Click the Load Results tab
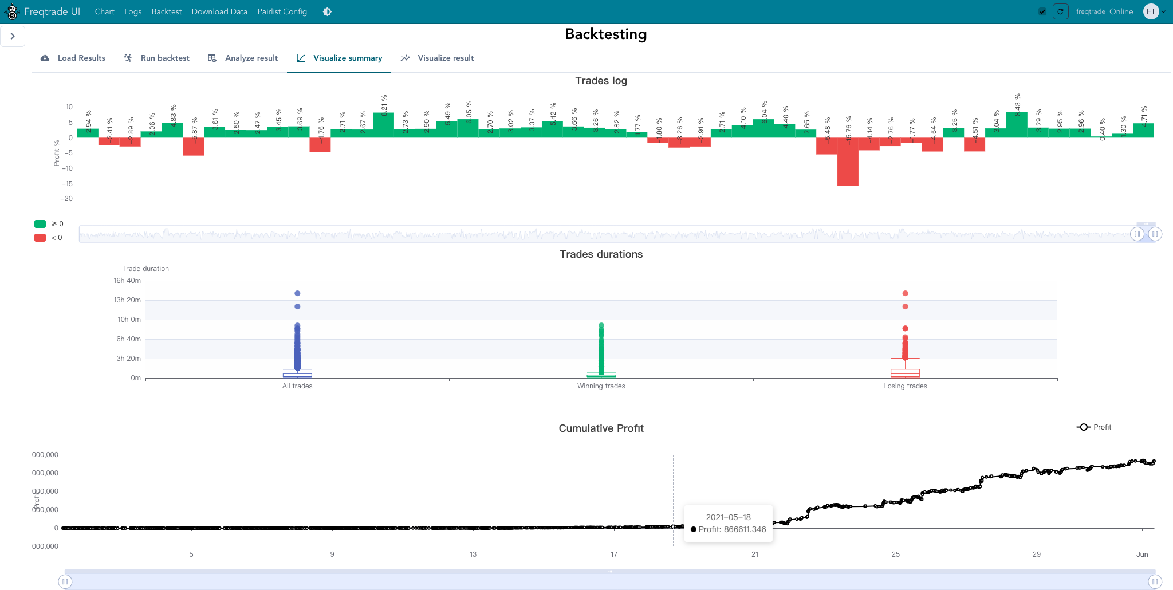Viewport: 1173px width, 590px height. pyautogui.click(x=73, y=58)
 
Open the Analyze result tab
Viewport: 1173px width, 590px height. pyautogui.click(x=243, y=58)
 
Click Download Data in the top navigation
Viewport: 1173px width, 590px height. pyautogui.click(x=219, y=11)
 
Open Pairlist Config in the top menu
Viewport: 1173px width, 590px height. pyautogui.click(x=282, y=11)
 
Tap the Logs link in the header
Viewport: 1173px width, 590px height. pyautogui.click(x=133, y=11)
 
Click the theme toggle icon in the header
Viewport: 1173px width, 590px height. pyautogui.click(x=327, y=11)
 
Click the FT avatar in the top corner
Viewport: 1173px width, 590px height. pyautogui.click(x=1151, y=11)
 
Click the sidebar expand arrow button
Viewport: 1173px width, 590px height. pyautogui.click(x=13, y=36)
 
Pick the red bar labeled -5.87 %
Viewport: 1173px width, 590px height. pyautogui.click(x=194, y=147)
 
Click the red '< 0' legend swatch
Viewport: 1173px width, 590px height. pyautogui.click(x=40, y=238)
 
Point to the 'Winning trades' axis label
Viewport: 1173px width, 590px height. pyautogui.click(x=601, y=386)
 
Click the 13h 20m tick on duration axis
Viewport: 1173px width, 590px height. pyautogui.click(x=127, y=300)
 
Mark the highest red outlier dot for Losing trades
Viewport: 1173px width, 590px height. pyautogui.click(x=905, y=293)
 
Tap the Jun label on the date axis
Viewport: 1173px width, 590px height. pyautogui.click(x=1142, y=554)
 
